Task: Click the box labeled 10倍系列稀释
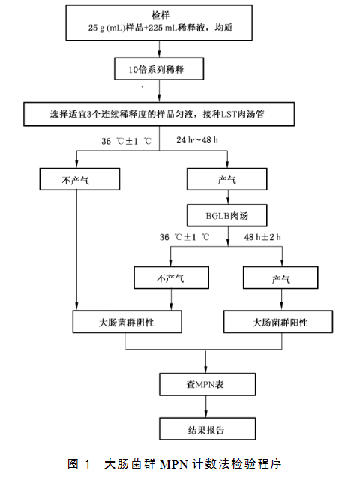(x=159, y=69)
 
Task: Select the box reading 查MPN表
(x=207, y=384)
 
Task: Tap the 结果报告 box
(x=207, y=429)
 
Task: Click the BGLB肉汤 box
(x=227, y=215)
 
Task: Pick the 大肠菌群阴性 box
(x=127, y=322)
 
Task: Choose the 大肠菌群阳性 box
(x=278, y=322)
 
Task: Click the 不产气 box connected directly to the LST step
(x=79, y=179)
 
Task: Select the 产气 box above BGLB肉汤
(x=227, y=179)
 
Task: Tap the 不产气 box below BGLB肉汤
(x=171, y=277)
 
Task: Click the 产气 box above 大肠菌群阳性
(x=280, y=277)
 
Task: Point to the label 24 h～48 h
(x=197, y=140)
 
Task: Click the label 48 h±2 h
(x=262, y=237)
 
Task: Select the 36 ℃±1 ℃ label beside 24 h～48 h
(x=126, y=141)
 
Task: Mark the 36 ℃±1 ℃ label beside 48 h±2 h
(x=184, y=237)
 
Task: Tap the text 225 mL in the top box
(x=163, y=28)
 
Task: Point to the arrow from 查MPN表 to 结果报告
(x=206, y=406)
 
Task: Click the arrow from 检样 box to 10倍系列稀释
(x=159, y=49)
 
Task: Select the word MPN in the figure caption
(x=174, y=464)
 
